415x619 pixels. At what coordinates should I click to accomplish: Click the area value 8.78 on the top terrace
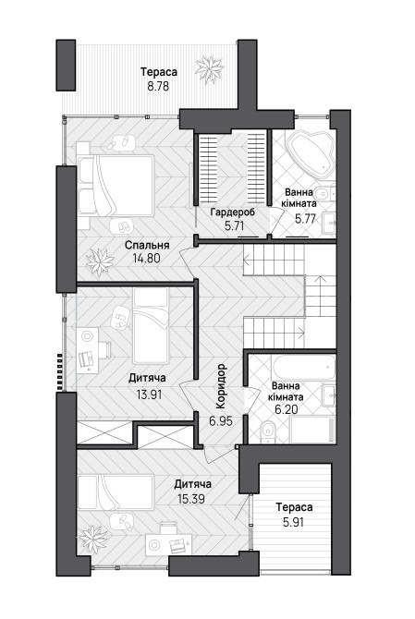click(158, 86)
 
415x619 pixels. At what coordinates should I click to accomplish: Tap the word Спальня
click(147, 245)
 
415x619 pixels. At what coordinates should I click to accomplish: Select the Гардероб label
click(233, 212)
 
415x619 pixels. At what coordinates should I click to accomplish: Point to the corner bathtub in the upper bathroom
click(310, 154)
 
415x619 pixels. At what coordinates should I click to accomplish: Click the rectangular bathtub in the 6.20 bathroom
click(303, 368)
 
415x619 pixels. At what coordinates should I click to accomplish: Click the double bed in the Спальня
click(116, 186)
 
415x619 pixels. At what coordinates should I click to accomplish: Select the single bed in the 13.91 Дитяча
click(151, 326)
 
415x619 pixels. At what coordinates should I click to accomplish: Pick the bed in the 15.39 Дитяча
click(116, 492)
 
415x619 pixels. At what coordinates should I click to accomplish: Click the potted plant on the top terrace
click(209, 70)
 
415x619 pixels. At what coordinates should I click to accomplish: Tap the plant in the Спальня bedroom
click(100, 261)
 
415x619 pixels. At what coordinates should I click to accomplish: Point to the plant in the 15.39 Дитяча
click(93, 540)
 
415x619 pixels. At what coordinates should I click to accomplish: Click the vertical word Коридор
click(221, 386)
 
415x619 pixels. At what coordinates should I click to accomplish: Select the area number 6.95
click(221, 420)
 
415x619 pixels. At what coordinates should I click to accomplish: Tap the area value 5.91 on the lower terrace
click(293, 522)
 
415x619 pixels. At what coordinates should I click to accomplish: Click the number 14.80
click(147, 259)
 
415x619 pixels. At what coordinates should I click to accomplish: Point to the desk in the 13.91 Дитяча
click(87, 350)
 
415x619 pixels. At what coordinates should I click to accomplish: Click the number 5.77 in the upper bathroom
click(306, 218)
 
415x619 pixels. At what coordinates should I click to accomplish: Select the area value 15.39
click(191, 499)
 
